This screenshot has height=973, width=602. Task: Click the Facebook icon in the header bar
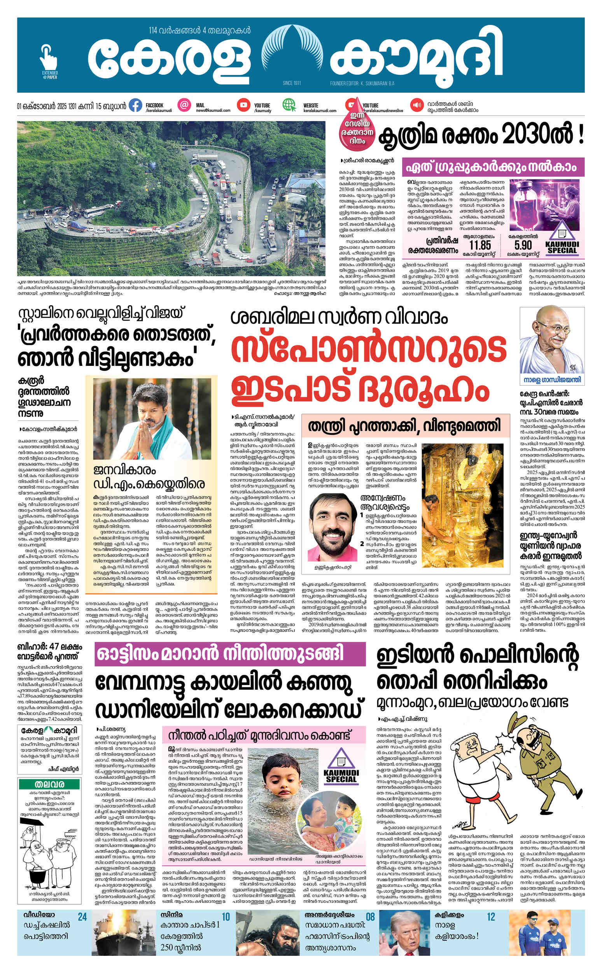[x=135, y=105]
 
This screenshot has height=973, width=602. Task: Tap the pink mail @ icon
[x=184, y=105]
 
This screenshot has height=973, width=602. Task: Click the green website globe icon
[x=289, y=105]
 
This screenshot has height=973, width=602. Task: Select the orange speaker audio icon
[x=417, y=105]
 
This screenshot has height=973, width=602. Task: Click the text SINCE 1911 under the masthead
[x=291, y=83]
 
